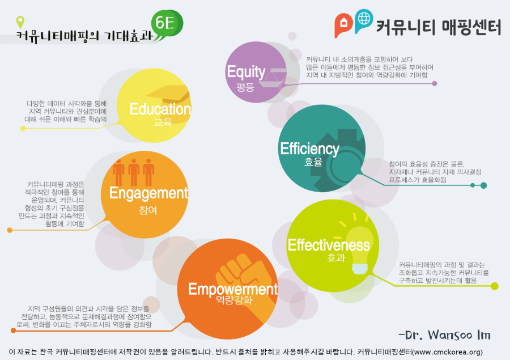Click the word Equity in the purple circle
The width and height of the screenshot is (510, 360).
point(246,72)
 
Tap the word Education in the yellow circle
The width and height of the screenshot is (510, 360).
point(160,109)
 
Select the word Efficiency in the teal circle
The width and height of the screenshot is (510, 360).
point(309,149)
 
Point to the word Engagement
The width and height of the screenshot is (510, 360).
point(148,193)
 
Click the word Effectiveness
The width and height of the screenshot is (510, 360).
point(329,245)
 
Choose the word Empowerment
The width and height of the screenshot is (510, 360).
point(233,289)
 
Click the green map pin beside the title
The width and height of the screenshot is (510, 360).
point(20,22)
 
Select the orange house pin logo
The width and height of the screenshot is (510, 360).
point(343,25)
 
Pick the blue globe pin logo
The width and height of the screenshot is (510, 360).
point(363,20)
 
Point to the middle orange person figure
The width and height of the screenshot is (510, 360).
point(134,172)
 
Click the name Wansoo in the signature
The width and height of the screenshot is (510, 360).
point(449,335)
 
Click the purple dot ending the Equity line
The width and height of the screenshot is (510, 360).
point(435,83)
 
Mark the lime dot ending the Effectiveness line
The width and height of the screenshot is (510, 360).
point(494,286)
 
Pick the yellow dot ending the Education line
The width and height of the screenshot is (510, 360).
point(23,128)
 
